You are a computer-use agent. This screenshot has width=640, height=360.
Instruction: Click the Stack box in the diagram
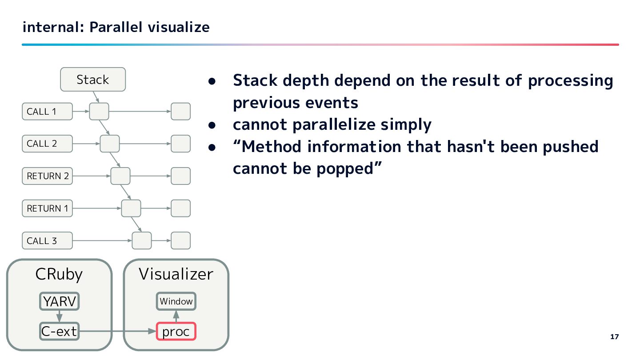93,80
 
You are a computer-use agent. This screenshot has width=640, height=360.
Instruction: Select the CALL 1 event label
47,112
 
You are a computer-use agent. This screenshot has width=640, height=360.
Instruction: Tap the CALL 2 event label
47,144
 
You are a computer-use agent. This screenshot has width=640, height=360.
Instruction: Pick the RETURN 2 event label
47,176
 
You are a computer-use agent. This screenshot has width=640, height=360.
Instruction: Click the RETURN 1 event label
47,208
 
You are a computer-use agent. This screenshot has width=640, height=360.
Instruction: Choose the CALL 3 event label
47,241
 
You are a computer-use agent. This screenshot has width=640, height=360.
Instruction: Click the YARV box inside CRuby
59,302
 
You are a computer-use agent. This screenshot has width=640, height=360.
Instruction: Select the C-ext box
59,331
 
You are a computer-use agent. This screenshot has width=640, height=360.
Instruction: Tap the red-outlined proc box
176,332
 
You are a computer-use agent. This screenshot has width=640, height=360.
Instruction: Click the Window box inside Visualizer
176,301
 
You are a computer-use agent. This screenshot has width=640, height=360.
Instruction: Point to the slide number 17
614,337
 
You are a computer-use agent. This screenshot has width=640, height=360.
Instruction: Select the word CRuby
59,274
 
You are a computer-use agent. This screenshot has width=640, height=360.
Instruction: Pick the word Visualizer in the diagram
176,274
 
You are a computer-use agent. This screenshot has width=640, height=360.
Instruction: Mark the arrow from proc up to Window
176,316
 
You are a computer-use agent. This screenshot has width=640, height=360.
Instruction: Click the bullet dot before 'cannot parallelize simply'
212,125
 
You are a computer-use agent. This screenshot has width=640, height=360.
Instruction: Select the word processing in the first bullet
570,81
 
